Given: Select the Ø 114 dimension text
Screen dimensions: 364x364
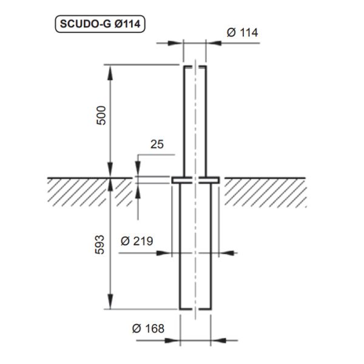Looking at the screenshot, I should point(242,32).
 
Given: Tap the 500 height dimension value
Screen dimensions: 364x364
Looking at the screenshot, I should point(101,115).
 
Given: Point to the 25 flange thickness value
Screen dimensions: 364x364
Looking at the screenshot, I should point(157,144).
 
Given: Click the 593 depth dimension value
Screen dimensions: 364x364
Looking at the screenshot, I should point(101,243).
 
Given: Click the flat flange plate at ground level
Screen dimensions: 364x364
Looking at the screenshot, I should point(195,180).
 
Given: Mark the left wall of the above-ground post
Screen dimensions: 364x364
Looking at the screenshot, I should point(184,121).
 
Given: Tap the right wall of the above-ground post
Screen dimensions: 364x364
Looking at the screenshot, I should point(206,121).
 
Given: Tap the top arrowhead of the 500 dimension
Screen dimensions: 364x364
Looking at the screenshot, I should point(110,70).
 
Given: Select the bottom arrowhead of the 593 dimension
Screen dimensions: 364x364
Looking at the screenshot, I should point(110,303).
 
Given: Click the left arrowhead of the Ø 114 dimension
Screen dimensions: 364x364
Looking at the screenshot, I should point(179,42).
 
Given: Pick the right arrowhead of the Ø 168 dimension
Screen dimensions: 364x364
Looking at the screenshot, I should point(215,340).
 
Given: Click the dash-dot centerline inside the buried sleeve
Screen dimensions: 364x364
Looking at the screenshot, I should point(195,255).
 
